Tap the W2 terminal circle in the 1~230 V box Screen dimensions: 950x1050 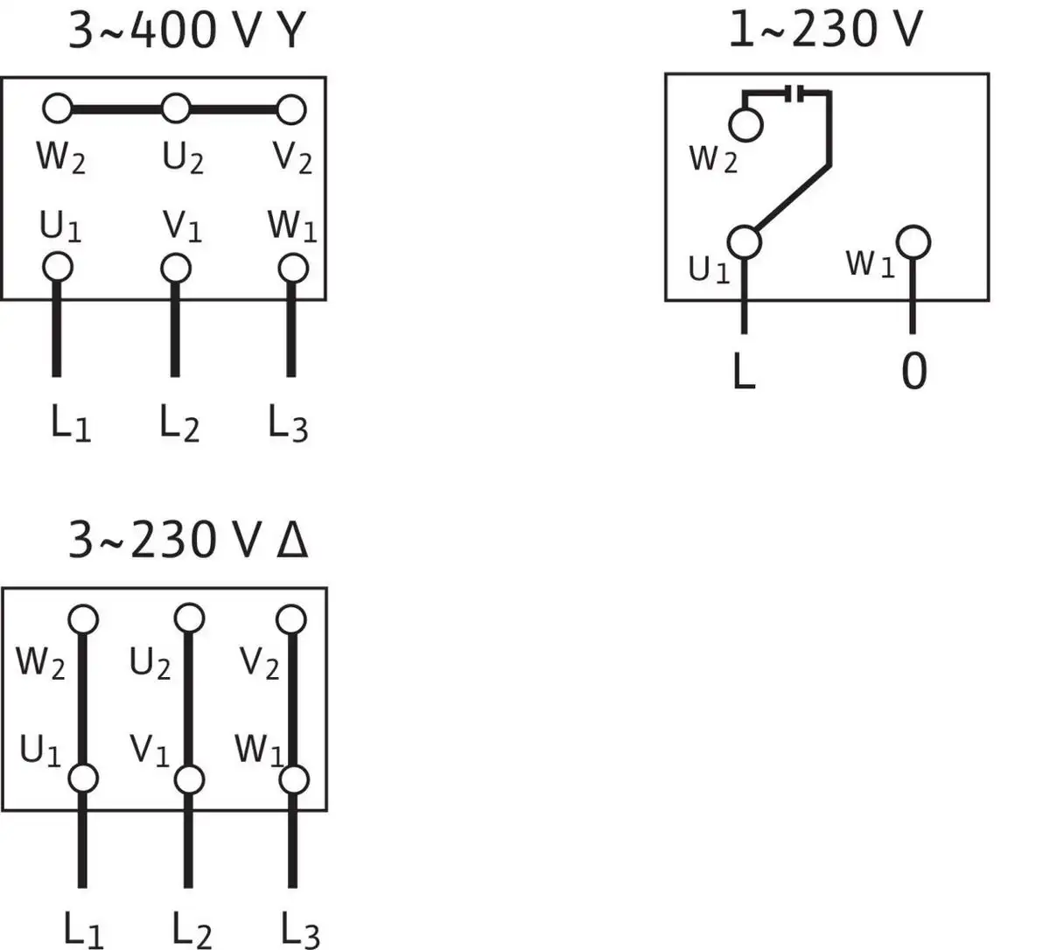pyautogui.click(x=745, y=125)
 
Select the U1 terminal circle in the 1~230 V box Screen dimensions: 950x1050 pyautogui.click(x=744, y=241)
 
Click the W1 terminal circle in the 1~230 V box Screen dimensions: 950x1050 pyautogui.click(x=913, y=241)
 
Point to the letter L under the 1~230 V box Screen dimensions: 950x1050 pyautogui.click(x=743, y=371)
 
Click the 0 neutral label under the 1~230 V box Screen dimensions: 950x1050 pyautogui.click(x=913, y=371)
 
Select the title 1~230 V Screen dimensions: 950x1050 pyautogui.click(x=824, y=30)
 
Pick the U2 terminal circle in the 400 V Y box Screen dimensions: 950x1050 pyautogui.click(x=175, y=109)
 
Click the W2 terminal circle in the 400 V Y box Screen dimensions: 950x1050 pyautogui.click(x=58, y=109)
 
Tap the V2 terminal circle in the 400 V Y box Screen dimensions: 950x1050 pyautogui.click(x=291, y=109)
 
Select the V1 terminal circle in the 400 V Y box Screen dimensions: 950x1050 pyautogui.click(x=175, y=266)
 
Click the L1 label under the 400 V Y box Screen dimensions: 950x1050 pyautogui.click(x=70, y=425)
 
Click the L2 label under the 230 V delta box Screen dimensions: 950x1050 pyautogui.click(x=191, y=929)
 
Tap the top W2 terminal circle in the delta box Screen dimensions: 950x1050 pyautogui.click(x=82, y=618)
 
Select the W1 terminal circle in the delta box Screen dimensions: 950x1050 pyautogui.click(x=294, y=779)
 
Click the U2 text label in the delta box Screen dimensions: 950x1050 pyautogui.click(x=150, y=664)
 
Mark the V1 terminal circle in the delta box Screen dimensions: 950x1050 pyautogui.click(x=189, y=779)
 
